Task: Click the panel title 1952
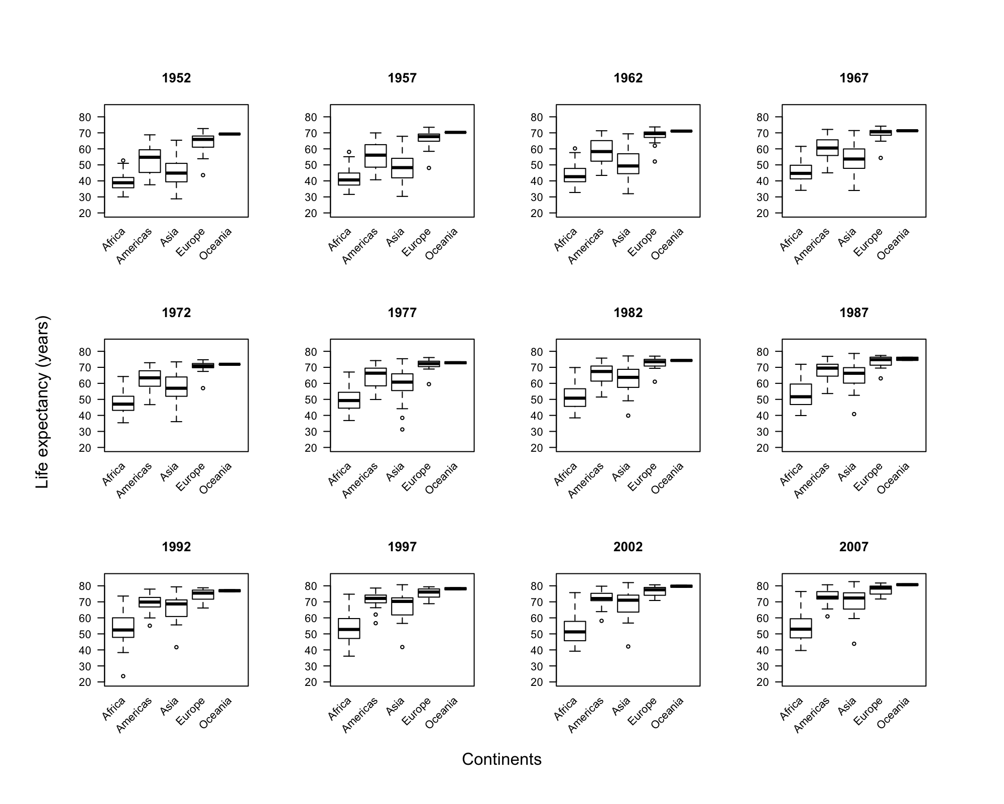[x=176, y=78]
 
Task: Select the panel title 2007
[x=853, y=547]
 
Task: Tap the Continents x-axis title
[x=501, y=759]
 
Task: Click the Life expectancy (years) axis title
[x=43, y=401]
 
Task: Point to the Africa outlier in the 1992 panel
[x=123, y=676]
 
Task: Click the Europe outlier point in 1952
[x=203, y=175]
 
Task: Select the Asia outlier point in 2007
[x=854, y=644]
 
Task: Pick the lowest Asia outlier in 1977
[x=402, y=430]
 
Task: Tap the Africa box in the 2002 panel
[x=575, y=631]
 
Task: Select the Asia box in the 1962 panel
[x=628, y=164]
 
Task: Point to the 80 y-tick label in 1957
[x=311, y=117]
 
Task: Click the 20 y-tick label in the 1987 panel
[x=763, y=448]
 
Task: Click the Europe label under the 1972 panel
[x=190, y=477]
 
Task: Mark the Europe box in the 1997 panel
[x=429, y=593]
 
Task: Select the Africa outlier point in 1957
[x=349, y=152]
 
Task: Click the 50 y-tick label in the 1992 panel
[x=85, y=634]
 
